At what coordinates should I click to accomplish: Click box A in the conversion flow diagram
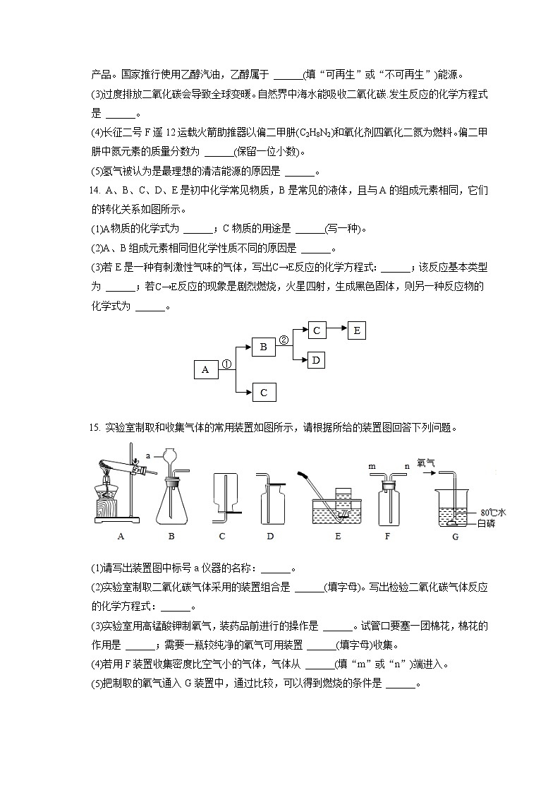pyautogui.click(x=205, y=369)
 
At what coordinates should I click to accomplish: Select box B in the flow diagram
pyautogui.click(x=263, y=347)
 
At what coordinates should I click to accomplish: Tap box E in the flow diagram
pyautogui.click(x=356, y=330)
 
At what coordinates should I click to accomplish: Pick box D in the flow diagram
pyautogui.click(x=317, y=360)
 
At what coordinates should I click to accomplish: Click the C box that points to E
pyautogui.click(x=317, y=330)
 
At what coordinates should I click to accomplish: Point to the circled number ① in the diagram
pyautogui.click(x=226, y=364)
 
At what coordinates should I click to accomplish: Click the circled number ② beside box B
pyautogui.click(x=284, y=340)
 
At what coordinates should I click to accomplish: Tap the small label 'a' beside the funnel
pyautogui.click(x=149, y=456)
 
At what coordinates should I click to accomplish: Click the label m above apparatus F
pyautogui.click(x=371, y=467)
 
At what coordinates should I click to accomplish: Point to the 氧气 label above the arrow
pyautogui.click(x=426, y=463)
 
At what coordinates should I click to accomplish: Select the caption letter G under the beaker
pyautogui.click(x=455, y=537)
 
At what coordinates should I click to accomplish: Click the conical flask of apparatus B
pyautogui.click(x=171, y=503)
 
